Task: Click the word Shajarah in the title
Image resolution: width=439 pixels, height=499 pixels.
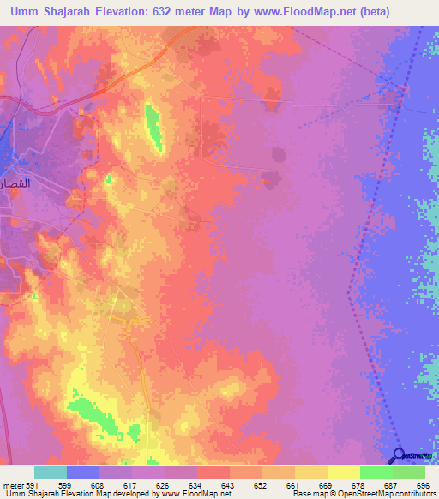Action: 76,12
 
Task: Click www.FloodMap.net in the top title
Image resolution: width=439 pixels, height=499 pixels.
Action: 288,12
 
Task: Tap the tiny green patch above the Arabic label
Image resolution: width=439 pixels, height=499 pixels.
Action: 109,179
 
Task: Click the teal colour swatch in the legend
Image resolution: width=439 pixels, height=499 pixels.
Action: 51,472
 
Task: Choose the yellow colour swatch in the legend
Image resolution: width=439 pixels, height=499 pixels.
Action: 344,472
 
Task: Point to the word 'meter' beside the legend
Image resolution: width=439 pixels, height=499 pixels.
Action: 12,486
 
